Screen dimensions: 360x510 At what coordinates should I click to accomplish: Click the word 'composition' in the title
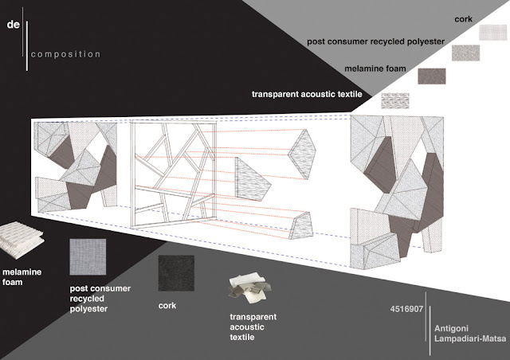click(x=66, y=55)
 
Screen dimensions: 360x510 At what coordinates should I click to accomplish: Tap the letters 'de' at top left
click(x=13, y=25)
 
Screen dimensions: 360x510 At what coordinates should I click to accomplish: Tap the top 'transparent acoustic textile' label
click(x=307, y=94)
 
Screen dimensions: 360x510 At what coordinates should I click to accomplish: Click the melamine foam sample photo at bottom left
click(x=22, y=237)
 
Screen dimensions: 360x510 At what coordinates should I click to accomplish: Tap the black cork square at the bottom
click(x=176, y=273)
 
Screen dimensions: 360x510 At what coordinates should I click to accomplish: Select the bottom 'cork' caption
click(x=168, y=306)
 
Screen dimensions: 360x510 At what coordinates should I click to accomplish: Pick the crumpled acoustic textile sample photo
click(x=249, y=289)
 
